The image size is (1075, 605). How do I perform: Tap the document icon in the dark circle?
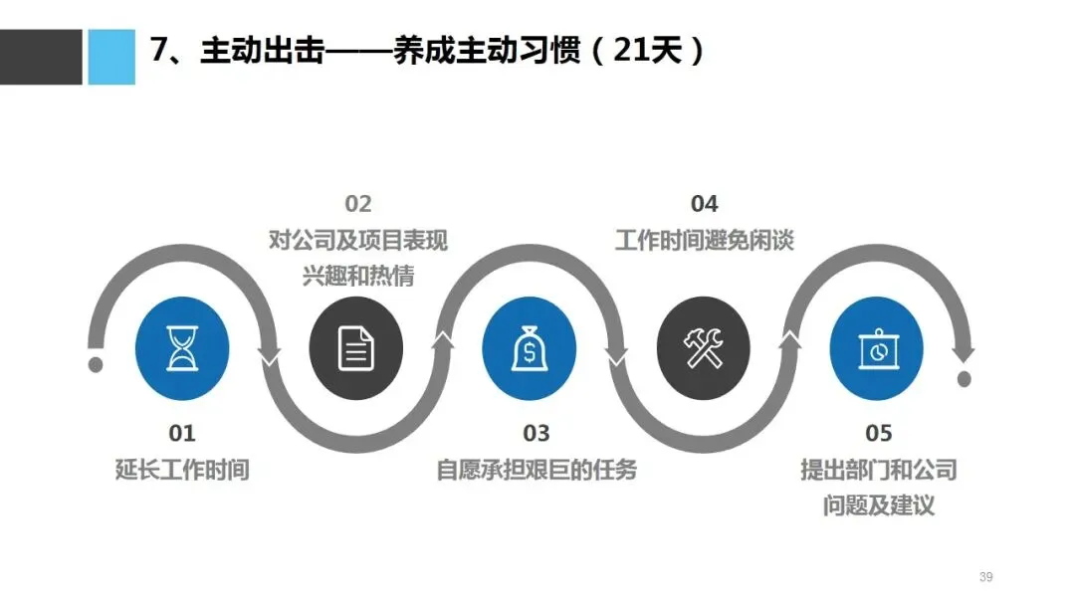click(x=356, y=349)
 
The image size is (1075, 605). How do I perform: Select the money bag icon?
click(x=529, y=349)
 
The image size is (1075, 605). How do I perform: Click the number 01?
click(x=182, y=433)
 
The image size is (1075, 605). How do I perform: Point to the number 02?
click(x=358, y=204)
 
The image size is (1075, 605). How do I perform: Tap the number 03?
click(x=536, y=433)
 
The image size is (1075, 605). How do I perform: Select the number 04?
click(x=704, y=204)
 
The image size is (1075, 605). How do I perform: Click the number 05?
click(x=879, y=433)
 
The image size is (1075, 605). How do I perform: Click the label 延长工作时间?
click(x=182, y=470)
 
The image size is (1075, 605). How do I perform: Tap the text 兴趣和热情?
click(x=358, y=276)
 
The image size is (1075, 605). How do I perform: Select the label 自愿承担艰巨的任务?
click(x=537, y=470)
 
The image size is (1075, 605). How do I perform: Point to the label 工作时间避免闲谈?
click(x=704, y=240)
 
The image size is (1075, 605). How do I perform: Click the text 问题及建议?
click(x=879, y=505)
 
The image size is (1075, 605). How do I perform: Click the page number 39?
click(x=986, y=577)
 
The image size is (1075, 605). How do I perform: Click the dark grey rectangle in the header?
click(x=41, y=57)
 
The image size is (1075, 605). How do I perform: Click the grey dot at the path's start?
click(x=96, y=364)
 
